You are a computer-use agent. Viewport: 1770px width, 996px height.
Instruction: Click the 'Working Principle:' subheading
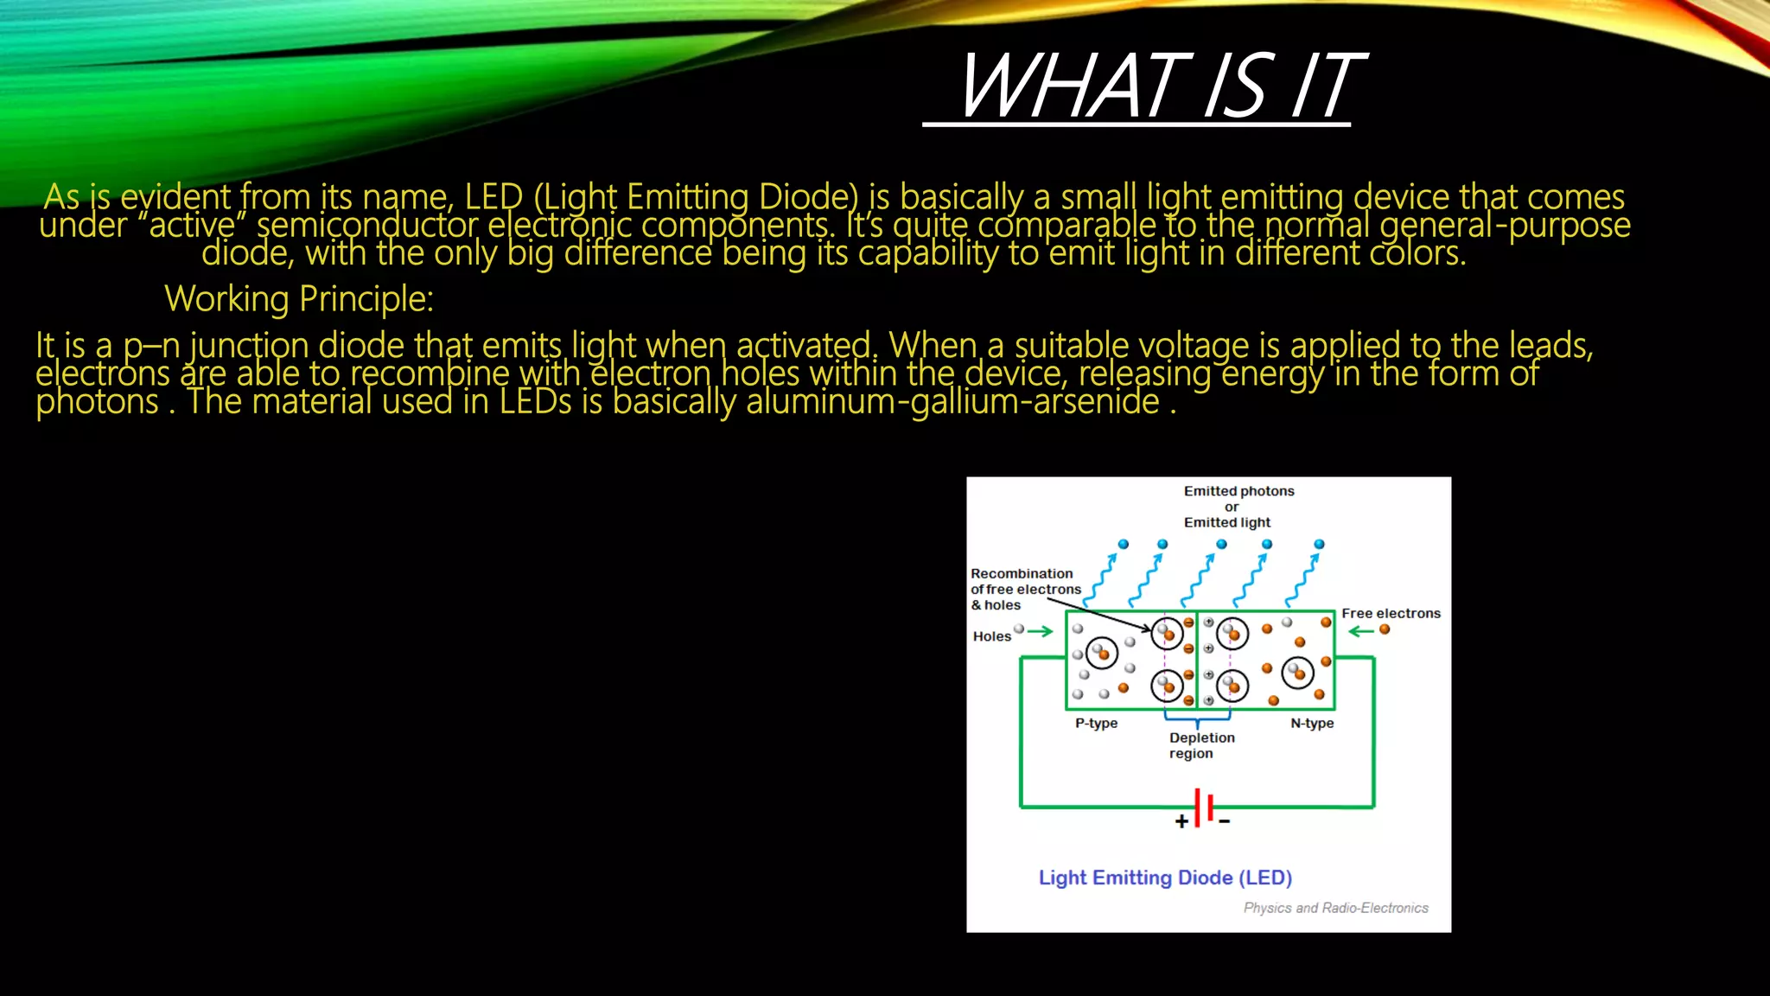[299, 299]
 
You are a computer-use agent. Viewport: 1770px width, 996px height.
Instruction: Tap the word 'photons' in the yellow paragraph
[97, 402]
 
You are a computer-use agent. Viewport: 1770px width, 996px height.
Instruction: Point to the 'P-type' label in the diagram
[1096, 723]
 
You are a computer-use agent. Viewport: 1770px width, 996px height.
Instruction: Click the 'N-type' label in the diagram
[1312, 723]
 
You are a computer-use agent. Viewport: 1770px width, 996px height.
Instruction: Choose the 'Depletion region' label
[1201, 745]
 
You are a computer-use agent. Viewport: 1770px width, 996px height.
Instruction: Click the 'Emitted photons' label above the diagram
[1238, 491]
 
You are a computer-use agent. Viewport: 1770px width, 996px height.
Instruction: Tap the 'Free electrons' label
[1391, 613]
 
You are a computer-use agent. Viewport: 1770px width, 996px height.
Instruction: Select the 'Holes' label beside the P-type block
[991, 636]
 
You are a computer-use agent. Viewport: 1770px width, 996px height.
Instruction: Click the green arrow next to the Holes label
[1041, 631]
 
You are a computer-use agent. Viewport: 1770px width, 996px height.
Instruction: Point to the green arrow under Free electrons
[1361, 631]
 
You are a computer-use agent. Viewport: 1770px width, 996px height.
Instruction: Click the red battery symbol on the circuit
[1203, 808]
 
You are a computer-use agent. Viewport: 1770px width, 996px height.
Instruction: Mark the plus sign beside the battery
[1181, 821]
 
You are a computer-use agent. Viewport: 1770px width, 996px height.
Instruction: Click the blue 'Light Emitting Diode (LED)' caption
[1165, 878]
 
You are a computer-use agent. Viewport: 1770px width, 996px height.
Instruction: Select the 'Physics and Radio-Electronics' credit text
[1335, 908]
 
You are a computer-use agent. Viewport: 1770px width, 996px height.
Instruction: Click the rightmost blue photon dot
[1319, 545]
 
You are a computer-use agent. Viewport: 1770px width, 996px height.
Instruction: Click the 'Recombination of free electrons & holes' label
[1025, 589]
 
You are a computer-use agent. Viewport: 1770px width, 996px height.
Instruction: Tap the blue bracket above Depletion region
[1197, 717]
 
